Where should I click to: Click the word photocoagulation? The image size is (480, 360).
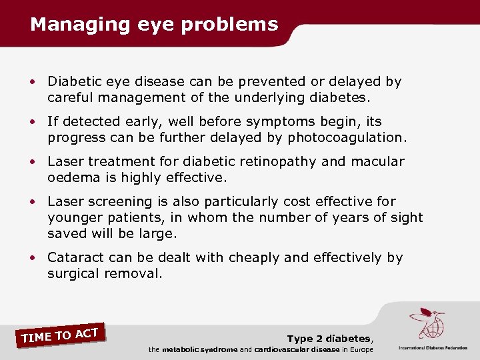click(x=346, y=138)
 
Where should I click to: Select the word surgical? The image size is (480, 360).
click(x=73, y=274)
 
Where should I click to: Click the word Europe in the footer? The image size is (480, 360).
click(x=359, y=350)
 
